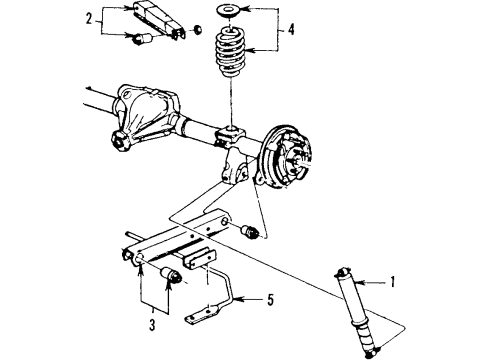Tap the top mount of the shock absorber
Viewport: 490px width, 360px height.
tap(345, 271)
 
